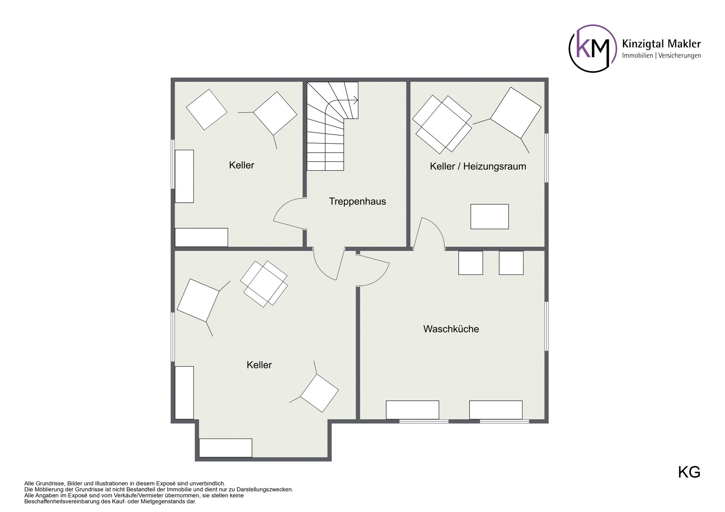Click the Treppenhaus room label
click(x=357, y=201)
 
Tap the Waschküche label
click(x=451, y=329)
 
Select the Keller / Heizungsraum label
click(x=478, y=166)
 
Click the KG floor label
click(x=689, y=473)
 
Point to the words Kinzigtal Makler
click(x=661, y=44)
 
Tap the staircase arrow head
click(x=356, y=100)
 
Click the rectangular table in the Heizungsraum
click(x=489, y=217)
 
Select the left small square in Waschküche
click(x=471, y=263)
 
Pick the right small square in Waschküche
click(x=511, y=263)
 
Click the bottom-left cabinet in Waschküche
click(x=413, y=410)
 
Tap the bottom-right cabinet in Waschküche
click(x=496, y=410)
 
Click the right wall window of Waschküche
click(x=547, y=326)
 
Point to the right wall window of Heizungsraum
click(x=547, y=158)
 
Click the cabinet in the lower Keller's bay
click(x=225, y=448)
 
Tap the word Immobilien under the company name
click(x=638, y=55)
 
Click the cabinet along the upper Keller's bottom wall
click(x=201, y=237)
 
